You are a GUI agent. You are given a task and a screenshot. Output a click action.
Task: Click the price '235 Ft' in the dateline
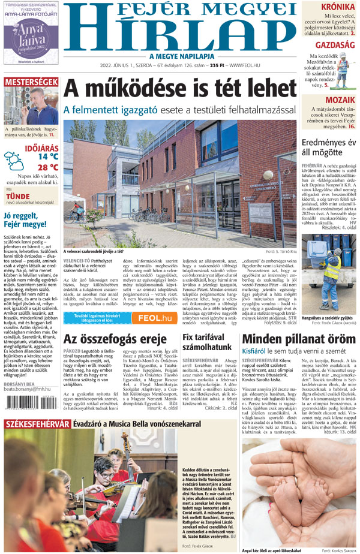tap(213, 65)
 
